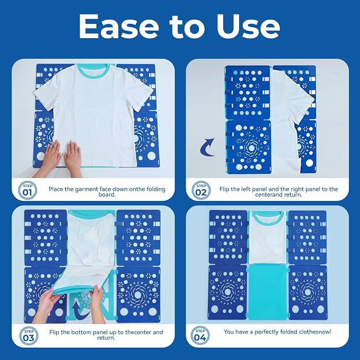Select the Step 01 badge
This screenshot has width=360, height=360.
tap(28, 190)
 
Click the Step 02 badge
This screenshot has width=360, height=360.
tap(201, 190)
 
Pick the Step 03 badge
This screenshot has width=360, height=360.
tap(29, 336)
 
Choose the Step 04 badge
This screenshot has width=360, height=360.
tap(200, 336)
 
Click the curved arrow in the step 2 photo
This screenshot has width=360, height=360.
tap(208, 147)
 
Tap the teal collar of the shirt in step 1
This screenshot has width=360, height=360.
tap(94, 69)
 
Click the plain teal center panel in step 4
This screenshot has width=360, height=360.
tap(267, 292)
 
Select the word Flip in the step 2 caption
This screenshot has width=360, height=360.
tap(224, 189)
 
